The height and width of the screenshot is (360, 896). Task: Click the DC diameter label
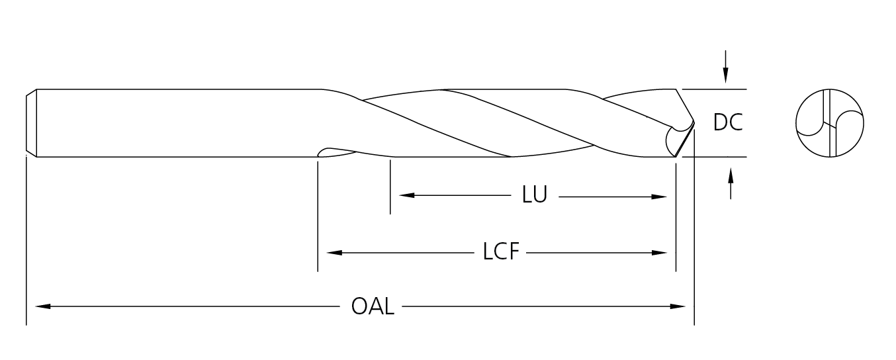point(728,122)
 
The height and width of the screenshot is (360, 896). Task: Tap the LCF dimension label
point(501,252)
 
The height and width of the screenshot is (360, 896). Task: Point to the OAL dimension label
point(373,306)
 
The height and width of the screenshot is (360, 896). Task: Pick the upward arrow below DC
point(731,176)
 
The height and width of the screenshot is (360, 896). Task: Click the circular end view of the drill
point(830,123)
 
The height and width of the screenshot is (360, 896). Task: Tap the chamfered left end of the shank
point(30,122)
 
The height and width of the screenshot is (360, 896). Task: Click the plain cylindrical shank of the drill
point(172,122)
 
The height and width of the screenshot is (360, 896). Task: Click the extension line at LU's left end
point(390,189)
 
